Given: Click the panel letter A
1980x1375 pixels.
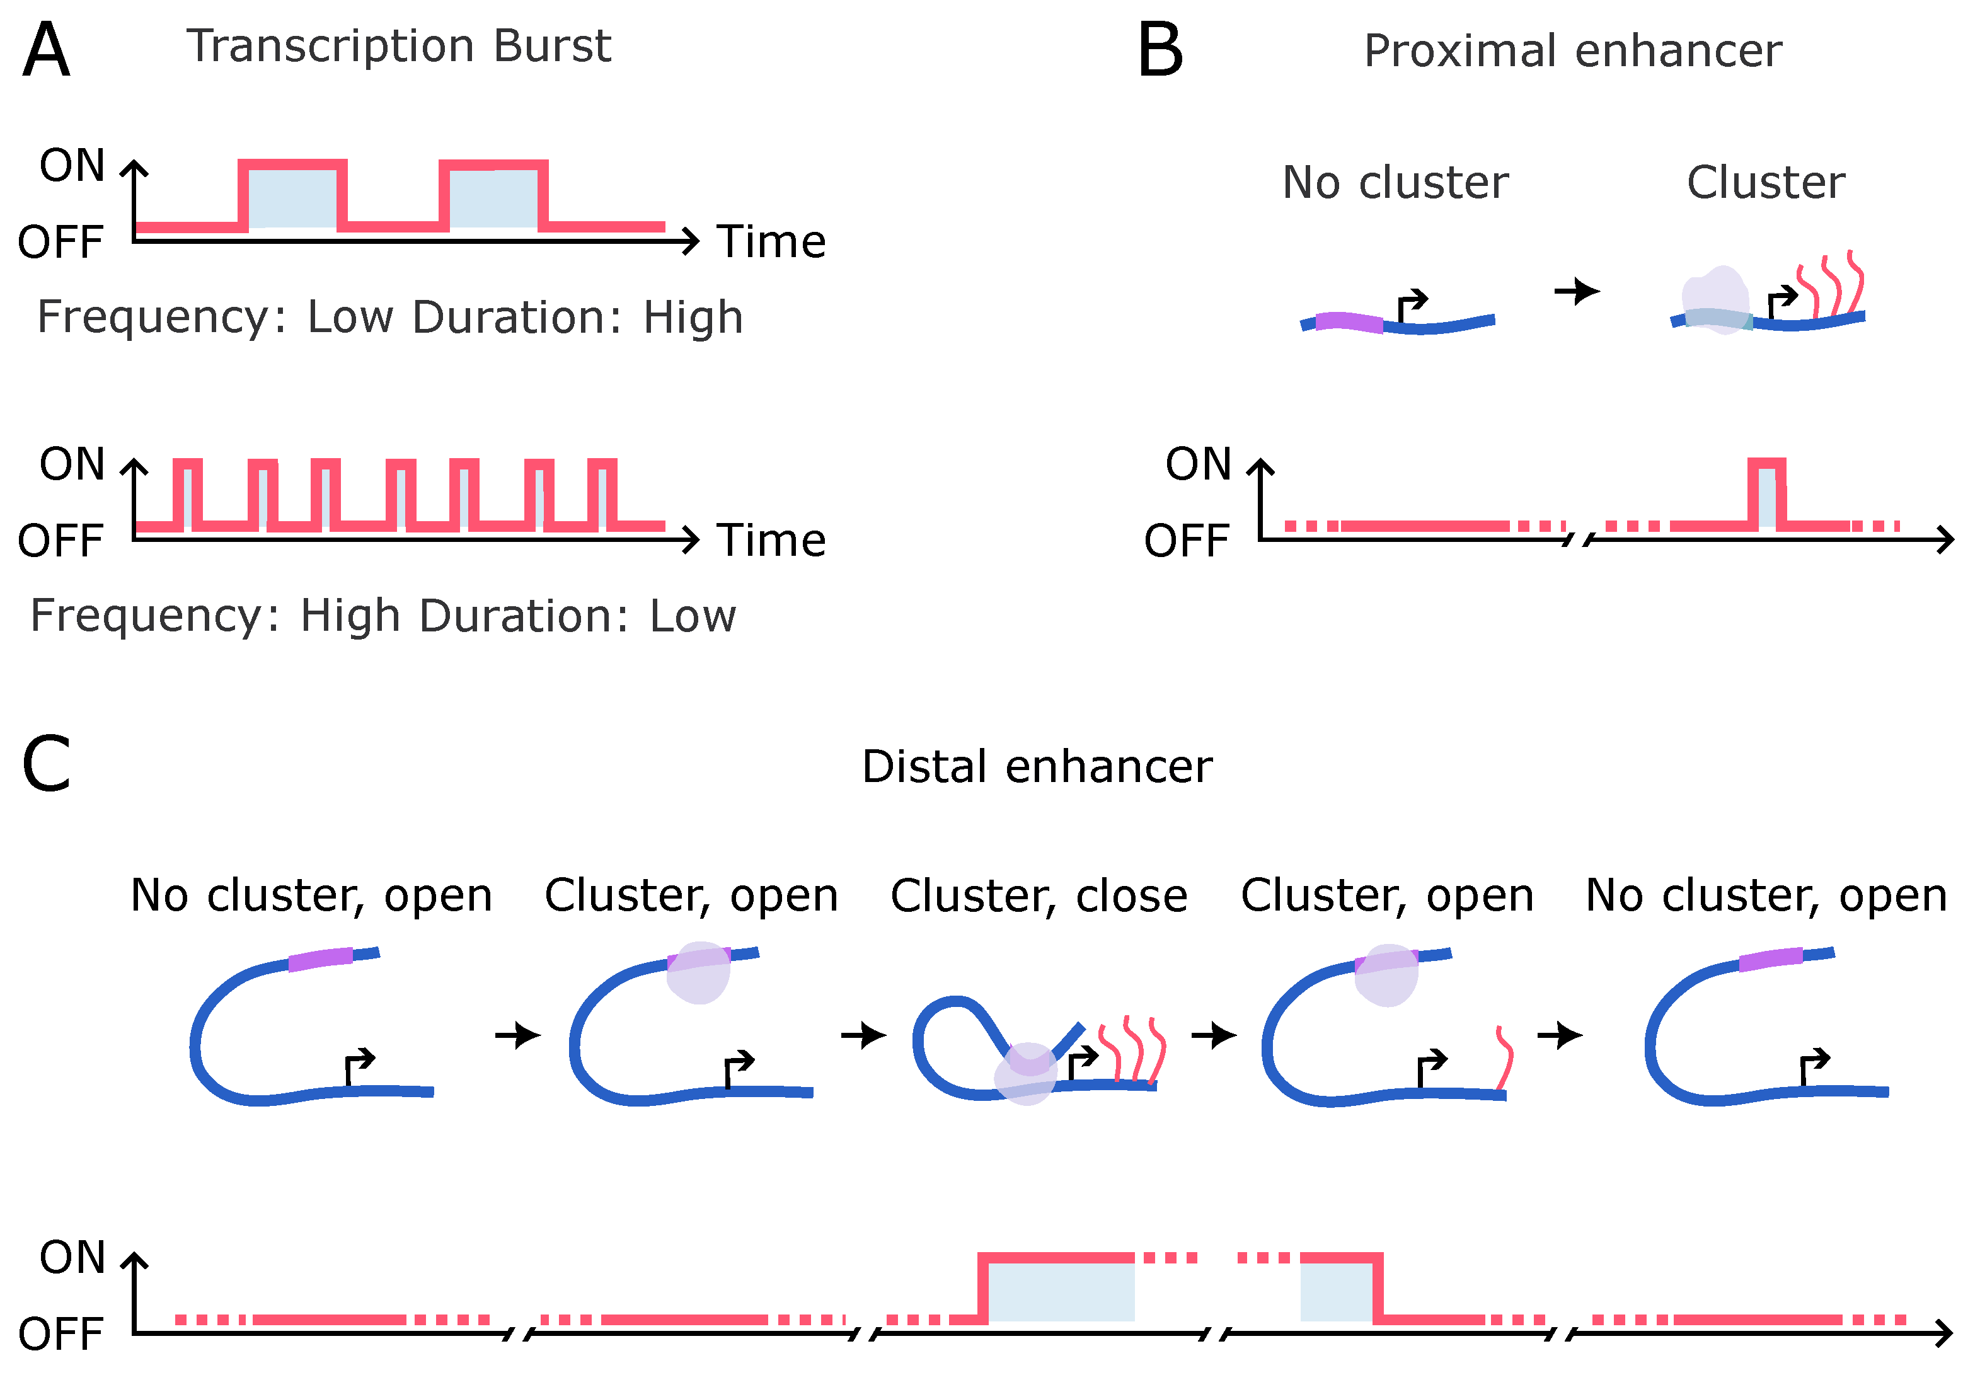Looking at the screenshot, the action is [x=45, y=50].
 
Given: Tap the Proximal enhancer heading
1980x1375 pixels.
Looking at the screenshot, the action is [x=1572, y=51].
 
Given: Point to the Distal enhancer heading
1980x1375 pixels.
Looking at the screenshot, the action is [x=1037, y=766].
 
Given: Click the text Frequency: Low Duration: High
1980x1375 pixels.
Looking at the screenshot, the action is [x=390, y=317].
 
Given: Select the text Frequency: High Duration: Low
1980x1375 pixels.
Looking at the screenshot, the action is [x=383, y=616].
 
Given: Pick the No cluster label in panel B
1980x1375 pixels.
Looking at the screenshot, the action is [x=1395, y=183].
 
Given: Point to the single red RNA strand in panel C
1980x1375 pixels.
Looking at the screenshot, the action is [x=1504, y=1058].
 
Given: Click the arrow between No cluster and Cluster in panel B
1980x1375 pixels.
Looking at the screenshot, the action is [x=1577, y=291].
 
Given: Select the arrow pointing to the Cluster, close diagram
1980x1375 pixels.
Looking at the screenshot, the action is [x=863, y=1035].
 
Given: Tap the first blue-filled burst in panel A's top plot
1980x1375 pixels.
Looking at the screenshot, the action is [x=293, y=195].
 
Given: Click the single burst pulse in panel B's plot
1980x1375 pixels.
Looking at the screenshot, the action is [x=1767, y=493].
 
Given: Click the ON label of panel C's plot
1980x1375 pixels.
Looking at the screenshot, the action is [x=72, y=1258].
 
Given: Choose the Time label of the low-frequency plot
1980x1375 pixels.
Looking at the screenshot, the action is [x=772, y=241].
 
